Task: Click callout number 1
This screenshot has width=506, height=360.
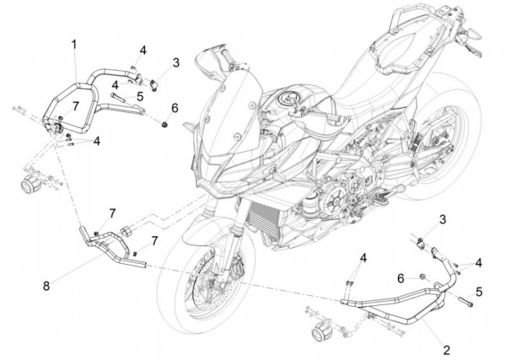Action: pyautogui.click(x=73, y=43)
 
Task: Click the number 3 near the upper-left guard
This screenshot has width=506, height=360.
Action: pyautogui.click(x=175, y=62)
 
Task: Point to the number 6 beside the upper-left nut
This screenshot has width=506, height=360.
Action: pyautogui.click(x=175, y=108)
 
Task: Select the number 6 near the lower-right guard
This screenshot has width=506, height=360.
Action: pyautogui.click(x=400, y=277)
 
